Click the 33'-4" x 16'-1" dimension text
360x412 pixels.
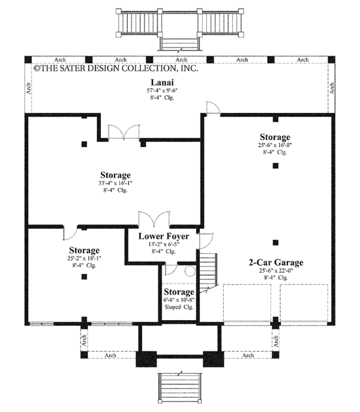tap(115, 184)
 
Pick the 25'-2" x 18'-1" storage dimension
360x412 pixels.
tap(84, 258)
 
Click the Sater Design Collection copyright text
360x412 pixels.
tap(115, 69)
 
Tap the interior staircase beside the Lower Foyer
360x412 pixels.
tap(206, 270)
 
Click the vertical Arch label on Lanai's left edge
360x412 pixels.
tap(29, 88)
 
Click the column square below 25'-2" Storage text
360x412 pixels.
tap(84, 277)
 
